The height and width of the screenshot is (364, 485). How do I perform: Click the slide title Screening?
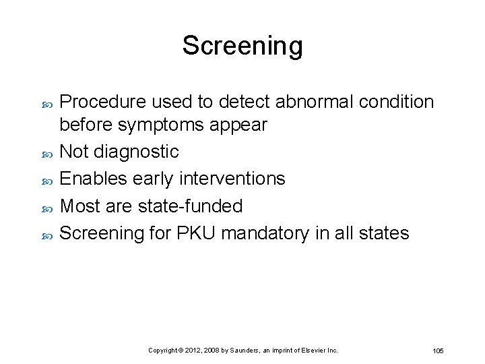click(243, 46)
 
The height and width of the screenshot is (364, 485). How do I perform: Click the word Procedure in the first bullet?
click(103, 102)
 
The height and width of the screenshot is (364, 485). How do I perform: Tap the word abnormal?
click(314, 102)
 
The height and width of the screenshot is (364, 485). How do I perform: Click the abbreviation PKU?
click(194, 233)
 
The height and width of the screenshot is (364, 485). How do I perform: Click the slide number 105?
click(438, 351)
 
